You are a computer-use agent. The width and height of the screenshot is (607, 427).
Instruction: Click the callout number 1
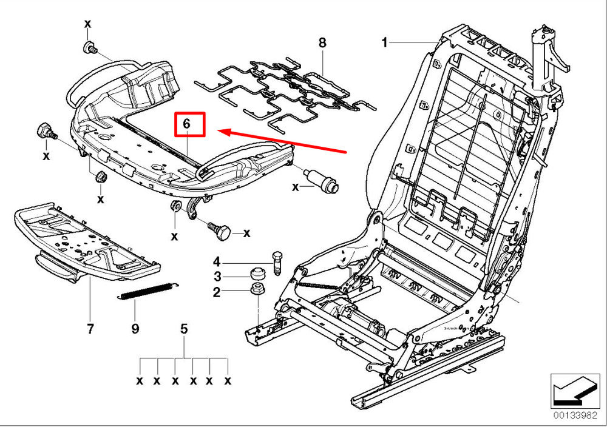pos(384,42)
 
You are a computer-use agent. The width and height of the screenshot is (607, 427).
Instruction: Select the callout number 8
pos(322,42)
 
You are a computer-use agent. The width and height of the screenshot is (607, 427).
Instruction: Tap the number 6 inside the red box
pos(187,123)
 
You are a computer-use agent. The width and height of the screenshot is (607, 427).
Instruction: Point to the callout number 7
pos(90,329)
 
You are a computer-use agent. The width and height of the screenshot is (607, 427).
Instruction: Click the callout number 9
pos(135,329)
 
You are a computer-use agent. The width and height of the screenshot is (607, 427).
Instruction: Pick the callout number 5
pos(184,329)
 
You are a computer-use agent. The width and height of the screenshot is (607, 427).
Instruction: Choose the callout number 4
pos(216,262)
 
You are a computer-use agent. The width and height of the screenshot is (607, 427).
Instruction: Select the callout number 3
pos(216,277)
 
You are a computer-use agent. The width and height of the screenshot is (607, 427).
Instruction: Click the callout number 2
pos(216,293)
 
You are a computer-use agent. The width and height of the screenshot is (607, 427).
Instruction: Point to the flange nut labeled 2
pos(257,289)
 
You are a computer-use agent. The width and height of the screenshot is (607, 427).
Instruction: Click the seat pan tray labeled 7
pos(85,243)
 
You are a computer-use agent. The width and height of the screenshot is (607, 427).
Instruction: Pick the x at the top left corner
pos(87,24)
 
